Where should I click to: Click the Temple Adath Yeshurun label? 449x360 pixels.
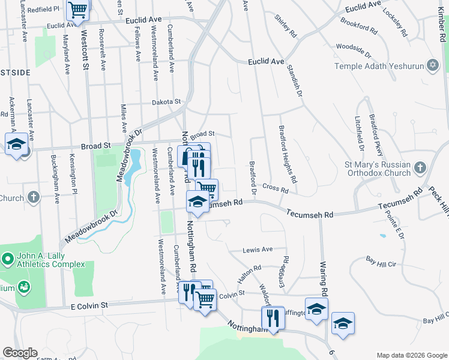point(378,67)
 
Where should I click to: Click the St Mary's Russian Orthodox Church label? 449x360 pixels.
point(378,169)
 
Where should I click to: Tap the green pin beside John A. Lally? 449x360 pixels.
point(8,260)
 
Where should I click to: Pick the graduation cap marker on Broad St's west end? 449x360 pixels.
point(16,145)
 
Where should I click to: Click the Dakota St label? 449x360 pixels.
point(166,103)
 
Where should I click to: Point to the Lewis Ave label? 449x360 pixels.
point(257,250)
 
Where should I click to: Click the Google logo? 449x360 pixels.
point(20,353)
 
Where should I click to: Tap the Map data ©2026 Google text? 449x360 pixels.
point(412,355)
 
